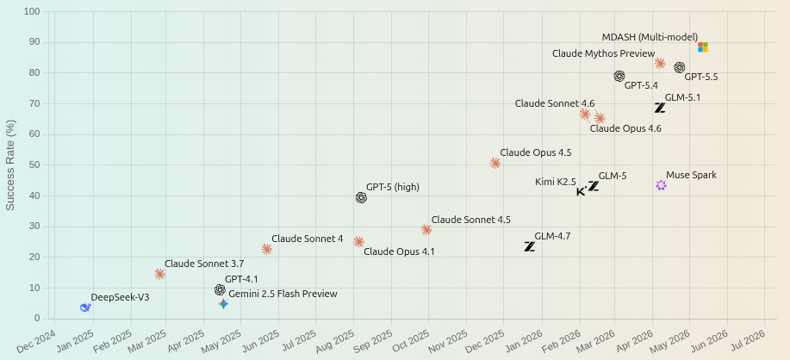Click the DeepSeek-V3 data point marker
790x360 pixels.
click(85, 307)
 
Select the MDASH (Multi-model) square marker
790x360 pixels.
click(703, 47)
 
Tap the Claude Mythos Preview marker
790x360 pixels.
click(660, 64)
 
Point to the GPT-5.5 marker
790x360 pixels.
click(680, 67)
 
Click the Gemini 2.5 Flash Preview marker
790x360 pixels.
click(224, 304)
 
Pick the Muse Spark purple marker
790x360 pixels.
click(661, 185)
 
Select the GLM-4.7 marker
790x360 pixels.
click(529, 246)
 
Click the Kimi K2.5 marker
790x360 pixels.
click(581, 191)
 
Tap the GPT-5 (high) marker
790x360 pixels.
click(361, 198)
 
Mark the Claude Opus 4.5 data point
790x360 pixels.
click(495, 163)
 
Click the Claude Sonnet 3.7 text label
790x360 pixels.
click(204, 264)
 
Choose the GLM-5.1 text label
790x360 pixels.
click(682, 97)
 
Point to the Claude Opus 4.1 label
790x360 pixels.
click(399, 251)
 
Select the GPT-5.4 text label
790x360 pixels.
click(641, 85)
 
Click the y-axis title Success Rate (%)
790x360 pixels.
click(10, 164)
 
